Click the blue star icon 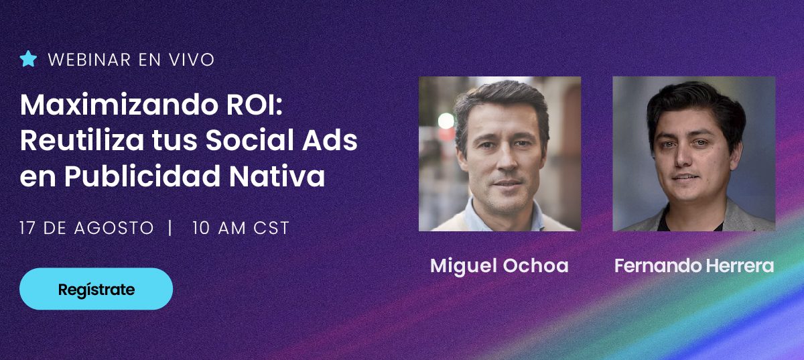pyautogui.click(x=28, y=59)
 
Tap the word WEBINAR pyautogui.click(x=89, y=60)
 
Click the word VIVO pyautogui.click(x=192, y=60)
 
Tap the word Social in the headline pyautogui.click(x=250, y=140)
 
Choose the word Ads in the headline pyautogui.click(x=330, y=140)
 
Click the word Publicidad pyautogui.click(x=142, y=176)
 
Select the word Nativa pyautogui.click(x=277, y=176)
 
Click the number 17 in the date pyautogui.click(x=27, y=228)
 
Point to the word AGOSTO pyautogui.click(x=114, y=228)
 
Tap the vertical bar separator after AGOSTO pyautogui.click(x=170, y=228)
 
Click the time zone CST pyautogui.click(x=271, y=228)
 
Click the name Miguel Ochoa pyautogui.click(x=499, y=266)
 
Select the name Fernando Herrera pyautogui.click(x=694, y=266)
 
